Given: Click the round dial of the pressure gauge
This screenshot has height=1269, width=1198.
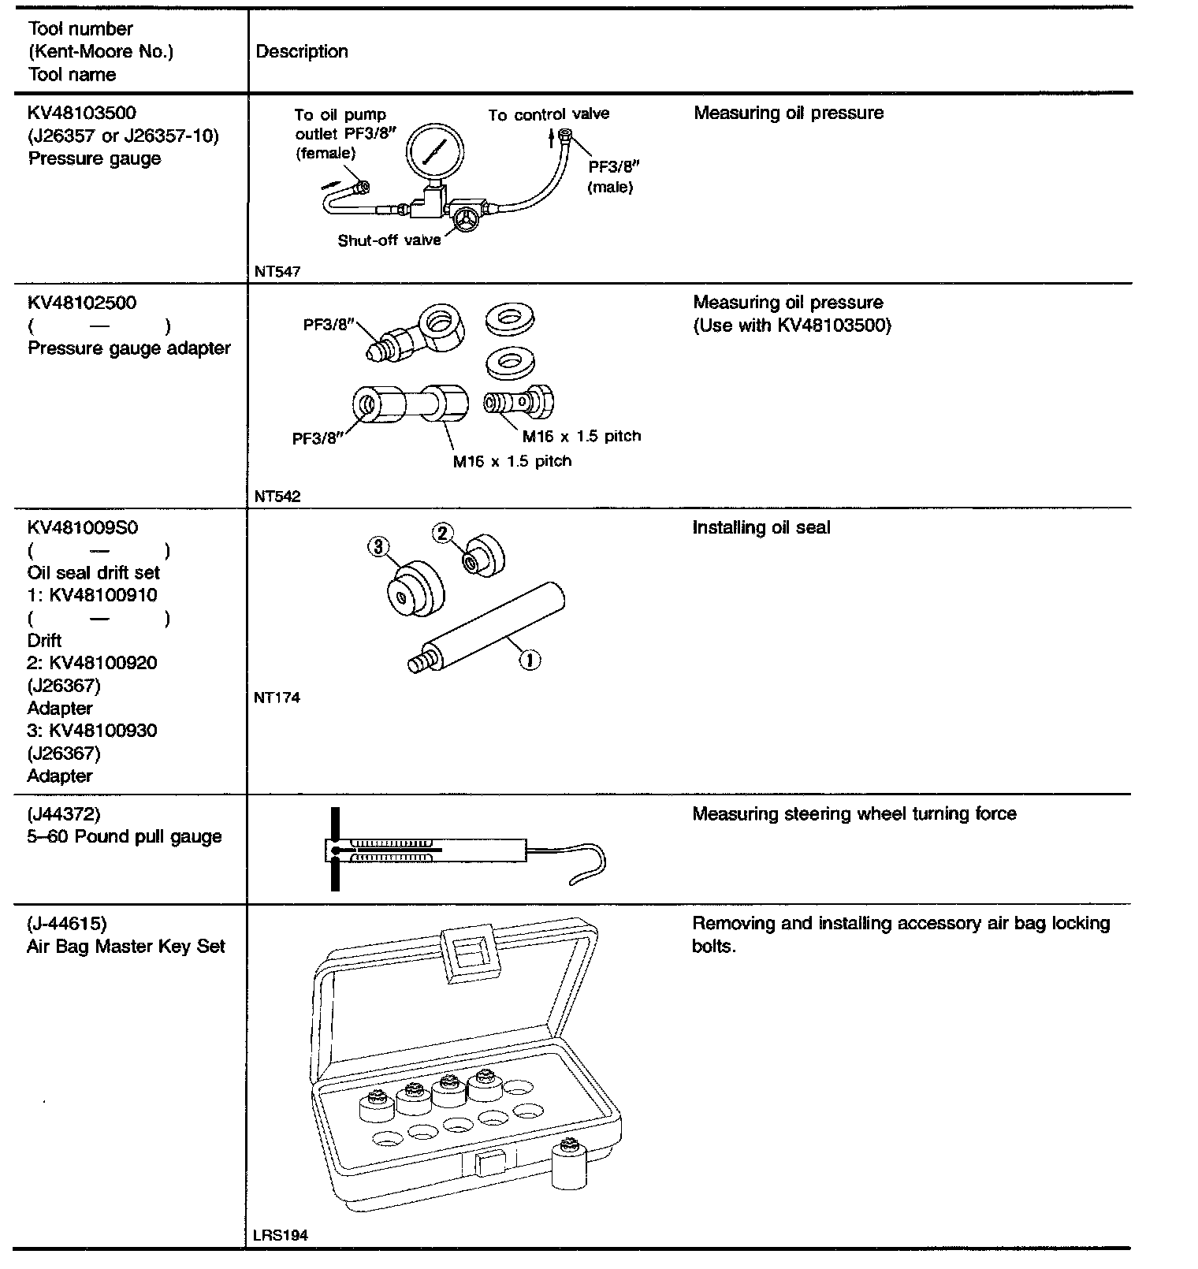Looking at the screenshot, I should point(435,150).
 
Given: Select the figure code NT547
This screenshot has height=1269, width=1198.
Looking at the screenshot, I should point(277,272).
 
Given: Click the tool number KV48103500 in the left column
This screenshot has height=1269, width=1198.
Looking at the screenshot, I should point(82,113).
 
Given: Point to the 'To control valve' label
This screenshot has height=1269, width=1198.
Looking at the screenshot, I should point(548,114).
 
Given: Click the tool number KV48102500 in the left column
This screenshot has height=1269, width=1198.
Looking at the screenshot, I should point(82,303).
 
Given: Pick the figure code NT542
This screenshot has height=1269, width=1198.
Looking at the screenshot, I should point(277,497).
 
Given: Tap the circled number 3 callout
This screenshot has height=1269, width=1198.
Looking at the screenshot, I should point(378,546).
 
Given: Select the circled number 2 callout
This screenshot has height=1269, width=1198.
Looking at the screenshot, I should point(443,534).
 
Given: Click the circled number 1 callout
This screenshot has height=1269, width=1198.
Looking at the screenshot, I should point(529,659).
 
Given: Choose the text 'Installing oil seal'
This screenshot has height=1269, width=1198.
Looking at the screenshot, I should point(761,527).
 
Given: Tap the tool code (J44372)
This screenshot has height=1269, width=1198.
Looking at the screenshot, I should point(64,813).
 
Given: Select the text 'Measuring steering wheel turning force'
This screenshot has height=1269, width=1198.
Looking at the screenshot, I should point(854,813).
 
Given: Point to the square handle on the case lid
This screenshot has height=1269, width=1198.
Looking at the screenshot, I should point(468,954).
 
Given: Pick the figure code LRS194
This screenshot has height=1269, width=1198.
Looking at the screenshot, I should point(281,1235).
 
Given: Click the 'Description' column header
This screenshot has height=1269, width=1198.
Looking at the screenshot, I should point(302,52).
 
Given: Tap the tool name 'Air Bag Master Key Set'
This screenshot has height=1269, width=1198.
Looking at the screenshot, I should point(126,946).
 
